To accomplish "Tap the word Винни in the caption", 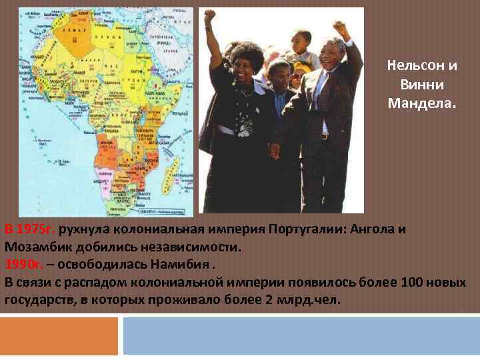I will tap(422, 85).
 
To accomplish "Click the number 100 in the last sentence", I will tap(413, 281).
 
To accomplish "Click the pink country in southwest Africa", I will tap(103, 177).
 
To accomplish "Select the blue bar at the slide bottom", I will tap(301, 336).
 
